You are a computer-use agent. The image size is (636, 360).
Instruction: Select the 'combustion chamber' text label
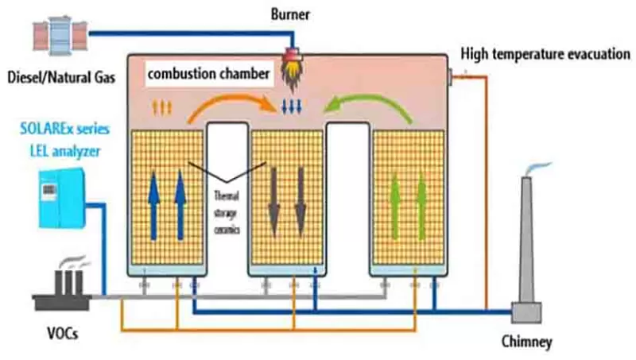[209, 76]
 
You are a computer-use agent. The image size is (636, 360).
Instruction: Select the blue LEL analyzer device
[59, 198]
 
